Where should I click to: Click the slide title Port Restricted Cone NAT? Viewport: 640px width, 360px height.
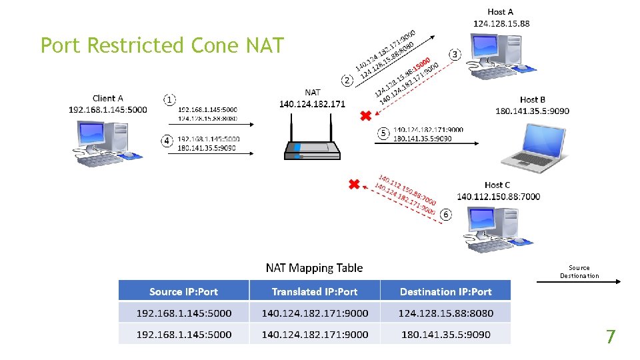(162, 45)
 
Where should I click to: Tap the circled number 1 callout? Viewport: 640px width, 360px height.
(170, 99)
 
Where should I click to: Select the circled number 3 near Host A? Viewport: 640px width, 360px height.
(455, 53)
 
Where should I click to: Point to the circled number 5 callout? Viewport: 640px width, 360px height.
(383, 133)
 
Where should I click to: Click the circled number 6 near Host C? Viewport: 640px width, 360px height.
(445, 215)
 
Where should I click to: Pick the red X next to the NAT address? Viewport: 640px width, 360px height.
(365, 117)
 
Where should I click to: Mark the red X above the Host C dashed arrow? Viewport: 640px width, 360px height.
(354, 184)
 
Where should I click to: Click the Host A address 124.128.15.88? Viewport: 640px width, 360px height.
(501, 23)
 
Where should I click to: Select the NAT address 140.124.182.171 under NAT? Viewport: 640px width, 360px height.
(312, 104)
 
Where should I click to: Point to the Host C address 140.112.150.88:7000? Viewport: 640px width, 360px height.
(498, 196)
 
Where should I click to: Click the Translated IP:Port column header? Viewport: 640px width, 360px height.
(315, 291)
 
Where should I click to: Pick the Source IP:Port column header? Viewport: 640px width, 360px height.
(184, 291)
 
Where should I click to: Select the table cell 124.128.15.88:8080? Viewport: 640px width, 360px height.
(445, 313)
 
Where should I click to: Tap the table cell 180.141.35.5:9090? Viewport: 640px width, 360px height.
(445, 334)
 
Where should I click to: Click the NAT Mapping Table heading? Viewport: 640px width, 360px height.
(314, 268)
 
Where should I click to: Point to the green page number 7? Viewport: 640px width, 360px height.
(610, 337)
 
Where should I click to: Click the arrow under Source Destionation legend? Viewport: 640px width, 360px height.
(578, 282)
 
